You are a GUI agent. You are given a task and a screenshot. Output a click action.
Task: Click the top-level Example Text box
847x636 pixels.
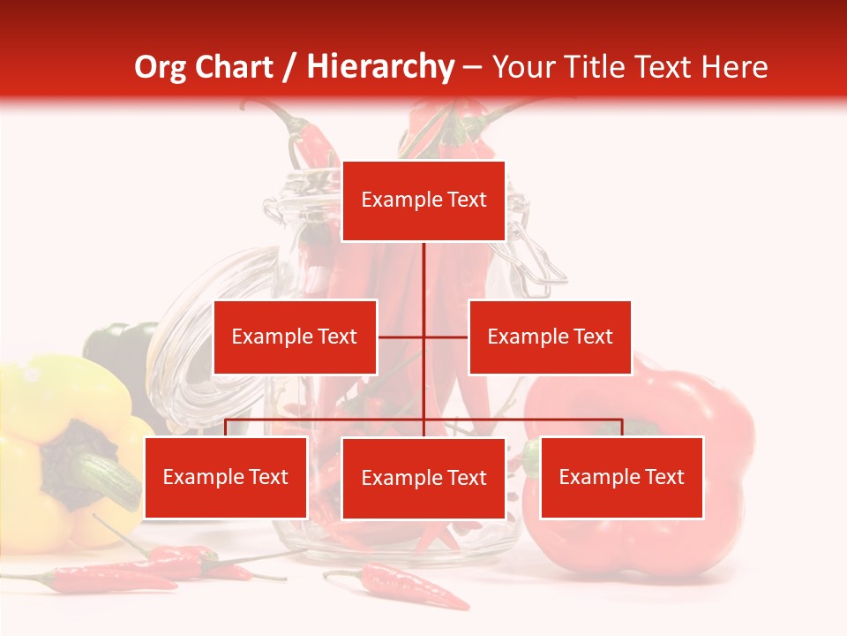pyautogui.click(x=423, y=201)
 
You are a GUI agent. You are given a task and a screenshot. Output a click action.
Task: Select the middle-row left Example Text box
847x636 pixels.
pyautogui.click(x=295, y=337)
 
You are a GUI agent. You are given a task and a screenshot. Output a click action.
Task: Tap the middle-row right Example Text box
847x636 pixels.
pyautogui.click(x=550, y=337)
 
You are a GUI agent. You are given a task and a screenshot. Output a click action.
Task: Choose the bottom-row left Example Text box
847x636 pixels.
pyautogui.click(x=226, y=477)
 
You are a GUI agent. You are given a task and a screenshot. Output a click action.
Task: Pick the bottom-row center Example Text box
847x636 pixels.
pyautogui.click(x=423, y=478)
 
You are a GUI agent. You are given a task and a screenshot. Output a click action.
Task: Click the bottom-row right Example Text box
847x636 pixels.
pyautogui.click(x=621, y=477)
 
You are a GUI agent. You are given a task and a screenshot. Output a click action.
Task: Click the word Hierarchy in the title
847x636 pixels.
pyautogui.click(x=380, y=67)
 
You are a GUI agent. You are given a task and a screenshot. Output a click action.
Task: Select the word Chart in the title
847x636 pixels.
pyautogui.click(x=235, y=67)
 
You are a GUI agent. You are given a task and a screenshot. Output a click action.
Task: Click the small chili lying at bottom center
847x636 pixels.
pyautogui.click(x=397, y=587)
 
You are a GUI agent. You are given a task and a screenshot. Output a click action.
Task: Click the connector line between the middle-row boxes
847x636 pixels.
pyautogui.click(x=423, y=337)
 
